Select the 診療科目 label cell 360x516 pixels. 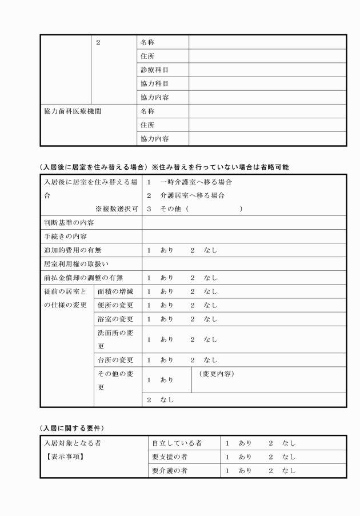click(154, 70)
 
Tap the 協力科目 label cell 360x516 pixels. click(154, 84)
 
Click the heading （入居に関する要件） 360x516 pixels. click(71, 428)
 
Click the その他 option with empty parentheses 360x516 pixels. click(194, 209)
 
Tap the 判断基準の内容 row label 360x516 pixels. click(69, 223)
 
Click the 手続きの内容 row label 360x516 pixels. click(66, 237)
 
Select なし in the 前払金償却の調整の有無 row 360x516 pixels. click(210, 278)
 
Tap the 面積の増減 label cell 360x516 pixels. click(115, 291)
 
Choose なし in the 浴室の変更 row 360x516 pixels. click(210, 319)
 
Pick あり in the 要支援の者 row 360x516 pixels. click(245, 457)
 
